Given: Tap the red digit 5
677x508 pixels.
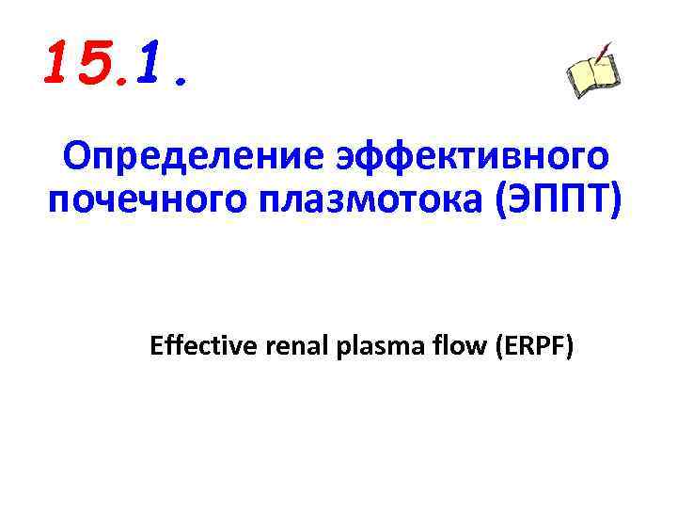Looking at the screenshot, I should pos(92,63).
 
